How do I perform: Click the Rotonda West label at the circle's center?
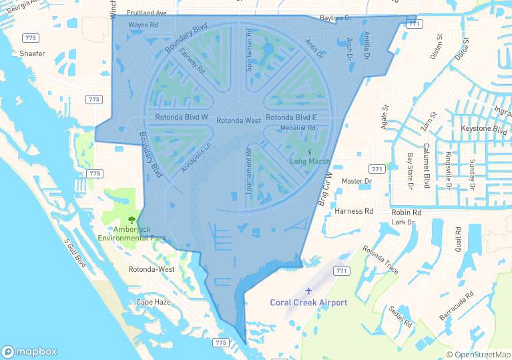tap(238, 121)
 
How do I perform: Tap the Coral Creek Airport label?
tap(308, 303)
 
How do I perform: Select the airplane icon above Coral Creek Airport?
tap(308, 291)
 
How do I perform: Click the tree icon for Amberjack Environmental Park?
tap(131, 219)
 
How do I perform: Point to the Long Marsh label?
tap(310, 161)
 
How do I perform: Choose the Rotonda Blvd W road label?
tap(182, 118)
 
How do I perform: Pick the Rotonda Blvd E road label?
tap(291, 118)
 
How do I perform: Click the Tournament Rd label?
tap(248, 172)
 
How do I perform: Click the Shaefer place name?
tap(33, 53)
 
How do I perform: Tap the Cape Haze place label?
tap(154, 302)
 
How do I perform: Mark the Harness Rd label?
tap(354, 211)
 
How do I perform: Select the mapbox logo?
tap(29, 351)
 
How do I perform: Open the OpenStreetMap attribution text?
tap(479, 355)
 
